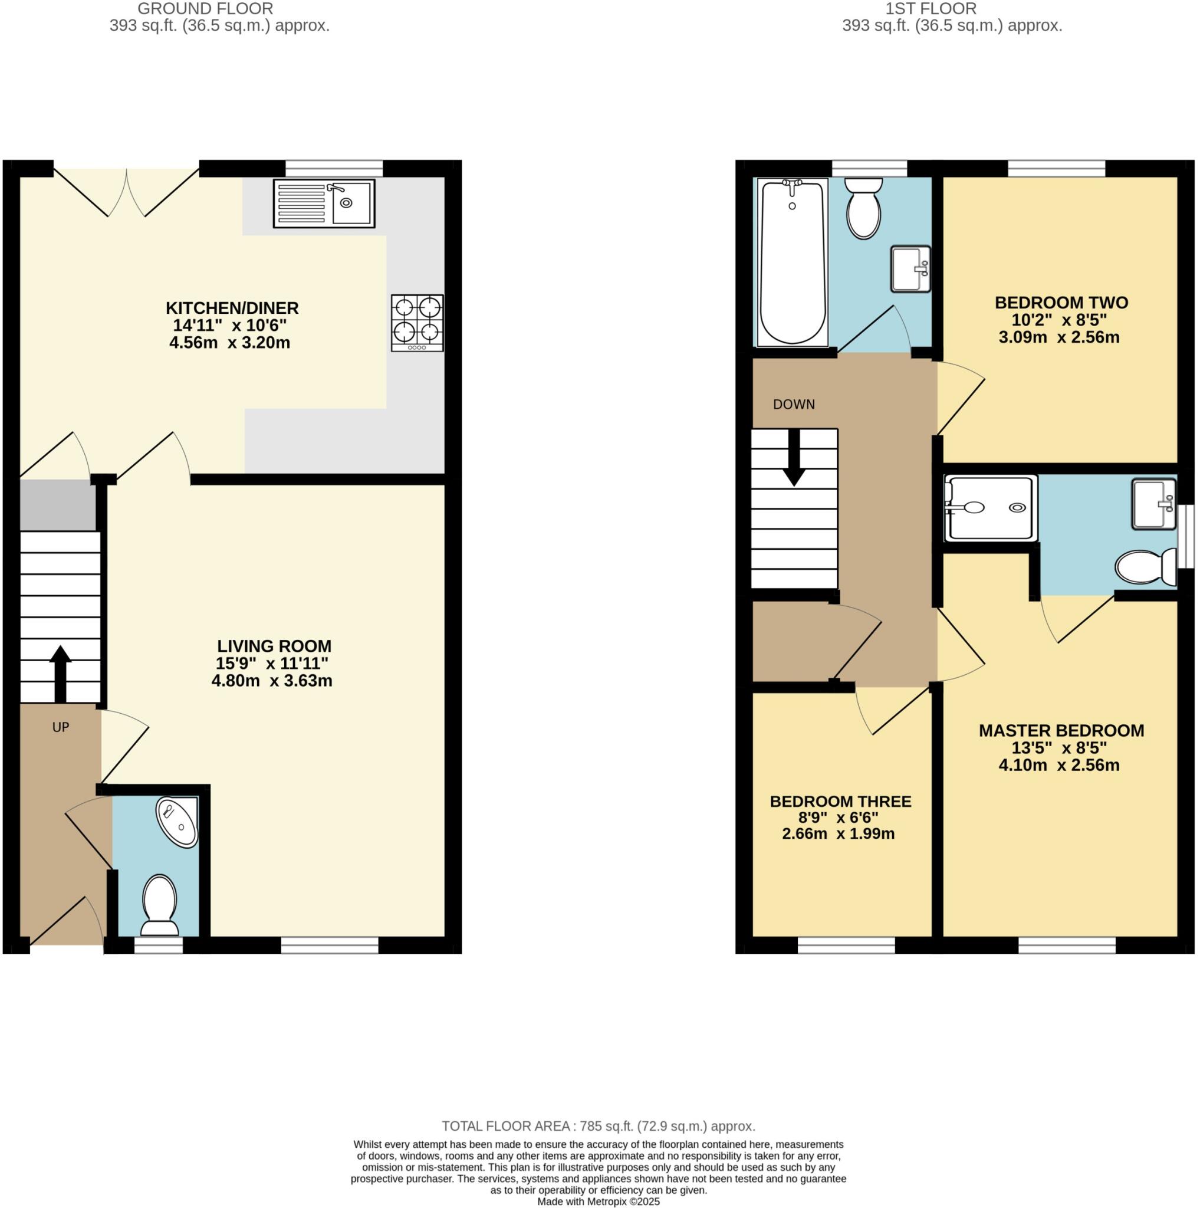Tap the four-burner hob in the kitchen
pos(417,323)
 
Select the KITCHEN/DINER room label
pos(232,308)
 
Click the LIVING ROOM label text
pos(274,646)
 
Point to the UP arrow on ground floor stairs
pos(60,674)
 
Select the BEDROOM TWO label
pos(1061,303)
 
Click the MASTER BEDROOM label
pos(1061,730)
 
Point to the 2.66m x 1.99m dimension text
pos(838,833)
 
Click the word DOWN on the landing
pos(794,405)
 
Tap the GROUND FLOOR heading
pos(205,9)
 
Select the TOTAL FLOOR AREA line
pos(598,1125)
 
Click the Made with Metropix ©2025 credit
pos(598,1201)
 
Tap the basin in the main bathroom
pos(910,269)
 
